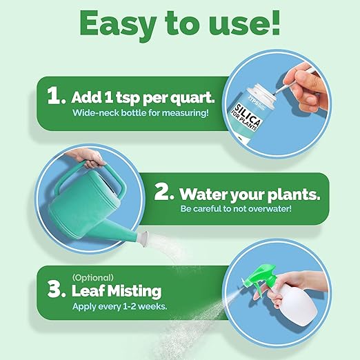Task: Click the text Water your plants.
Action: tap(250, 194)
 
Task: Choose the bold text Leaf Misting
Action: tap(117, 290)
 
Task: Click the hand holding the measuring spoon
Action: tap(323, 79)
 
